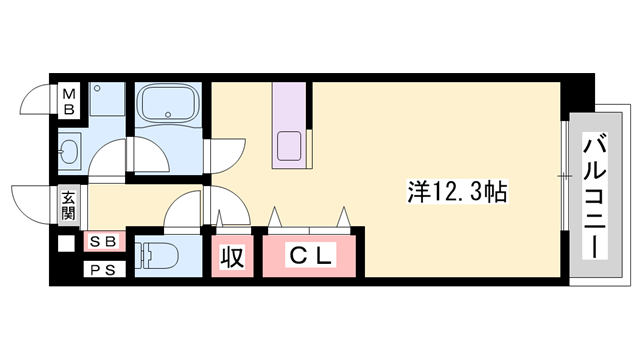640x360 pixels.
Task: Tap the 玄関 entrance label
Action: tap(68, 205)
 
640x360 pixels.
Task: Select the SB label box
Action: tap(101, 242)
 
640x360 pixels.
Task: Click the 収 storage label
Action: tap(231, 256)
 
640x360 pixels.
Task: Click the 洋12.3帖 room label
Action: tap(456, 191)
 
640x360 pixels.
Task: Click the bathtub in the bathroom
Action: tap(167, 104)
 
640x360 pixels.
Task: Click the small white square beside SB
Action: tap(66, 242)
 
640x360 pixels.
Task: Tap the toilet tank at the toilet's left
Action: tap(140, 255)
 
